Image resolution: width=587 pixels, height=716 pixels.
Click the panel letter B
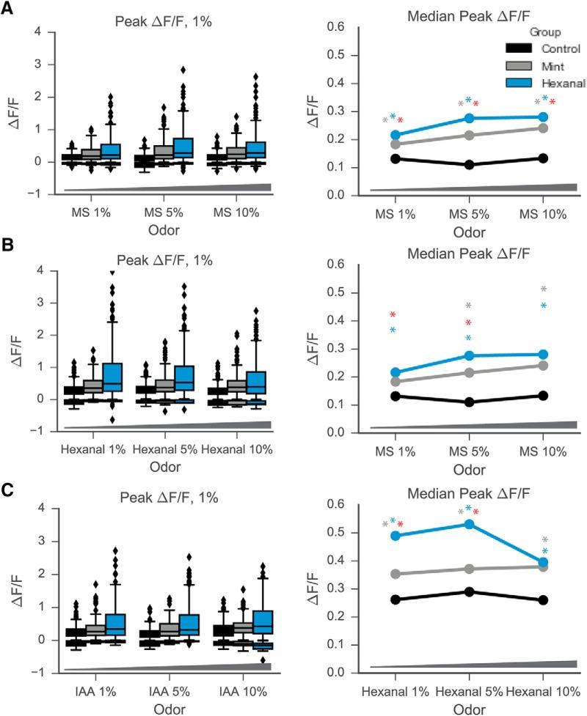click(10, 248)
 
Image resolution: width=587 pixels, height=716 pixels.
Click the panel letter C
click(10, 484)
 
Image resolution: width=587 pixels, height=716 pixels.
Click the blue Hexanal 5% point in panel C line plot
click(470, 524)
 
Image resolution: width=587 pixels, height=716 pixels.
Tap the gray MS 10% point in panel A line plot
click(544, 128)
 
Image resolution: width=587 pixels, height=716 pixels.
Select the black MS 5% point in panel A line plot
click(470, 165)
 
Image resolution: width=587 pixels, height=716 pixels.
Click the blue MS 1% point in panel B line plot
click(395, 373)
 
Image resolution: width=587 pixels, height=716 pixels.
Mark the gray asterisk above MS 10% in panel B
click(544, 289)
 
